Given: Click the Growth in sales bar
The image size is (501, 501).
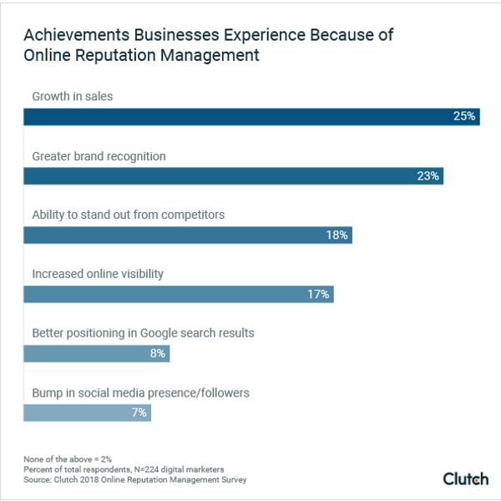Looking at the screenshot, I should [x=250, y=117].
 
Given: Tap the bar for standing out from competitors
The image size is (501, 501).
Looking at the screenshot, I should [x=187, y=235].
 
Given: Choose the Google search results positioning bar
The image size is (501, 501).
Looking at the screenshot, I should [x=96, y=353].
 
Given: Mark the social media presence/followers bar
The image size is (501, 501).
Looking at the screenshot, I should [x=87, y=412].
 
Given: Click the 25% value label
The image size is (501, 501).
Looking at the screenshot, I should [x=464, y=117].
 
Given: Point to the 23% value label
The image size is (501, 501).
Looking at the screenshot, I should [x=428, y=176].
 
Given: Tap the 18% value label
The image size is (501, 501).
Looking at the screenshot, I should [x=337, y=235].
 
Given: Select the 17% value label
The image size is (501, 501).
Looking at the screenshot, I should [x=318, y=294].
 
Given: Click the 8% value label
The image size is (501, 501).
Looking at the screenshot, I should [x=157, y=353].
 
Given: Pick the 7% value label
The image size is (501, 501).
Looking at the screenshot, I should [x=139, y=412].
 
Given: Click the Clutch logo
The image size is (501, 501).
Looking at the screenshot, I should [x=465, y=478].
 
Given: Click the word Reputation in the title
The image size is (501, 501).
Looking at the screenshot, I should [x=109, y=57].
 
